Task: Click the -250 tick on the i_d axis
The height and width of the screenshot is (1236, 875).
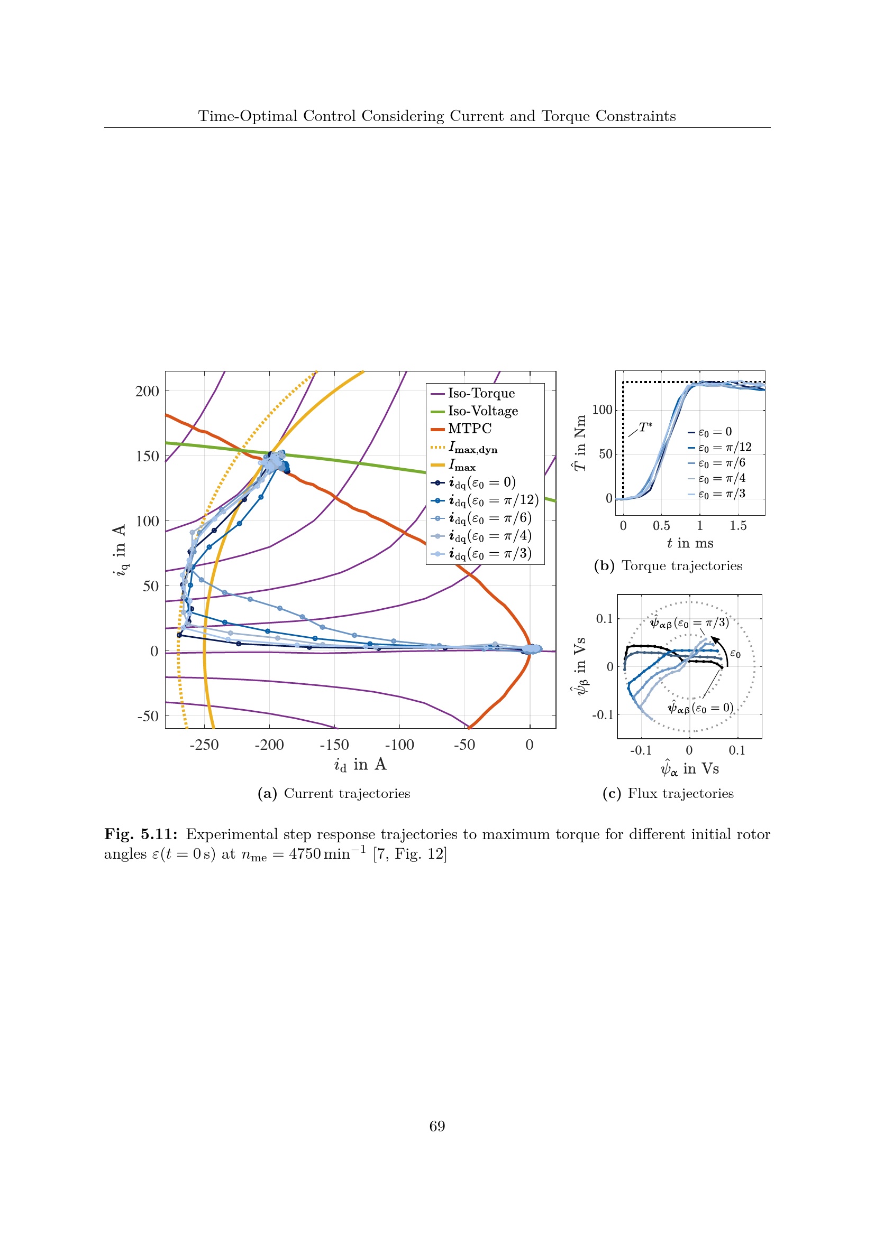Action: click(204, 745)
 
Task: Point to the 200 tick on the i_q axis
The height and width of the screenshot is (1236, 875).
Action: click(147, 392)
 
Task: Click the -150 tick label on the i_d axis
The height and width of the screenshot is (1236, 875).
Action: click(334, 745)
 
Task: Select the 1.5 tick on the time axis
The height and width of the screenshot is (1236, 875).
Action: click(737, 526)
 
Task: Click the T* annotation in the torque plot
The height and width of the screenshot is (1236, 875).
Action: click(645, 428)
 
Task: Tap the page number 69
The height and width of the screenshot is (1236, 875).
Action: click(437, 1126)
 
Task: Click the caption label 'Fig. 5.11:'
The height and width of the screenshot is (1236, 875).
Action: click(141, 834)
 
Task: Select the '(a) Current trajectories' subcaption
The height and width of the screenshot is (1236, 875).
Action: click(333, 794)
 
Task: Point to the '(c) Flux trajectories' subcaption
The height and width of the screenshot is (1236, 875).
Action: click(668, 794)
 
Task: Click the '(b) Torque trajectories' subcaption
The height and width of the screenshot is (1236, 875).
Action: click(668, 566)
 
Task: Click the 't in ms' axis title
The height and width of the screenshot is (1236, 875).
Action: click(690, 543)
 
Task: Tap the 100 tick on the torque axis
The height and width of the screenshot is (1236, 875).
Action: click(603, 410)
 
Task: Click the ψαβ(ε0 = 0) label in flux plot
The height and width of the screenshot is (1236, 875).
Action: click(700, 708)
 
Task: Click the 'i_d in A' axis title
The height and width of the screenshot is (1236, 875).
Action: click(360, 765)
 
